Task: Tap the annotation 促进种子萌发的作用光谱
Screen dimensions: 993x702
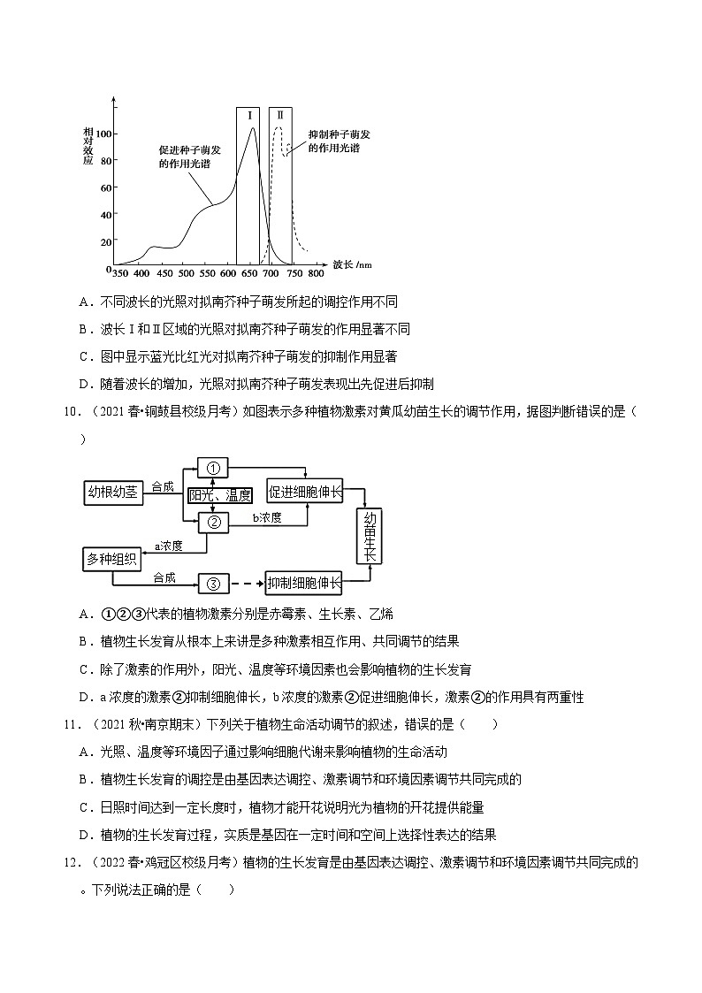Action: (x=189, y=157)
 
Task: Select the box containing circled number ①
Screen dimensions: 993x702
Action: (x=213, y=467)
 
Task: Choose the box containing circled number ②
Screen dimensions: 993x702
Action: (x=213, y=522)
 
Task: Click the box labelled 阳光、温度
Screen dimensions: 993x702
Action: (x=220, y=496)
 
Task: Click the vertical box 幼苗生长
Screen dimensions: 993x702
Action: (x=369, y=536)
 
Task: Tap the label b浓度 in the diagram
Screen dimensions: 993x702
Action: (x=267, y=518)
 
